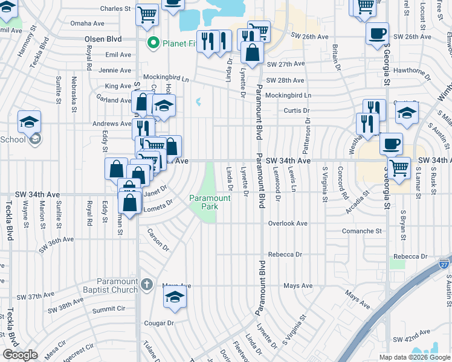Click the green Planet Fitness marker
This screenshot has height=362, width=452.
(153, 43)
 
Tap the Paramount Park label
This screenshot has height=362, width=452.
(210, 202)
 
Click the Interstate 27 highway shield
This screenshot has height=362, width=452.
(444, 264)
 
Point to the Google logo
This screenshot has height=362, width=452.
(20, 354)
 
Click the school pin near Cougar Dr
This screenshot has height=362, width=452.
(175, 297)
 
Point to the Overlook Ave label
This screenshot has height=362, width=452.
(288, 223)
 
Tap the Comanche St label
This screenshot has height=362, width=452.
(363, 231)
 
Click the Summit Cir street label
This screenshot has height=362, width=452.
(108, 310)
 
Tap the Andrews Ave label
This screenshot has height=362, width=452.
(111, 124)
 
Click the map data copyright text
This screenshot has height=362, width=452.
(414, 357)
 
